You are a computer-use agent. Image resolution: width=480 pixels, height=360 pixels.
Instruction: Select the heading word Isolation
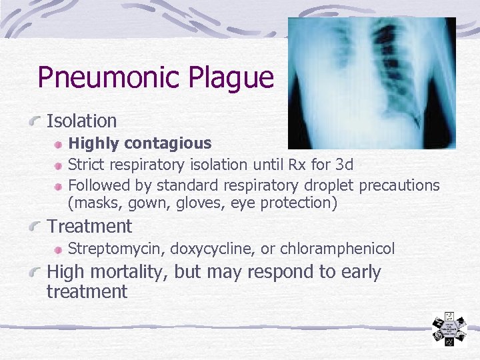coord(81,121)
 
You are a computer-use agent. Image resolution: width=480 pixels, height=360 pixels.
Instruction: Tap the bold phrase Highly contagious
coord(140,143)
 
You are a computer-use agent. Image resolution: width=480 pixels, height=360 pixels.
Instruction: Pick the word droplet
coord(330,185)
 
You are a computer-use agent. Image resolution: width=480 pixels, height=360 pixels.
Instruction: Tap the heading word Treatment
coord(89,227)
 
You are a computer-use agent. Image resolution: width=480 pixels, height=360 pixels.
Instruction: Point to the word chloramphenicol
coord(337,249)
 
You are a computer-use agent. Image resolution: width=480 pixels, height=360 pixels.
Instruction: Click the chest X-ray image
coord(371,83)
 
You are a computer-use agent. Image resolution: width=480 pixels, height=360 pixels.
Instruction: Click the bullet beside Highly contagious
coord(59,144)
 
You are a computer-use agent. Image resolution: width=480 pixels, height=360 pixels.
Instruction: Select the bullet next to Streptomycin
coord(59,250)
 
